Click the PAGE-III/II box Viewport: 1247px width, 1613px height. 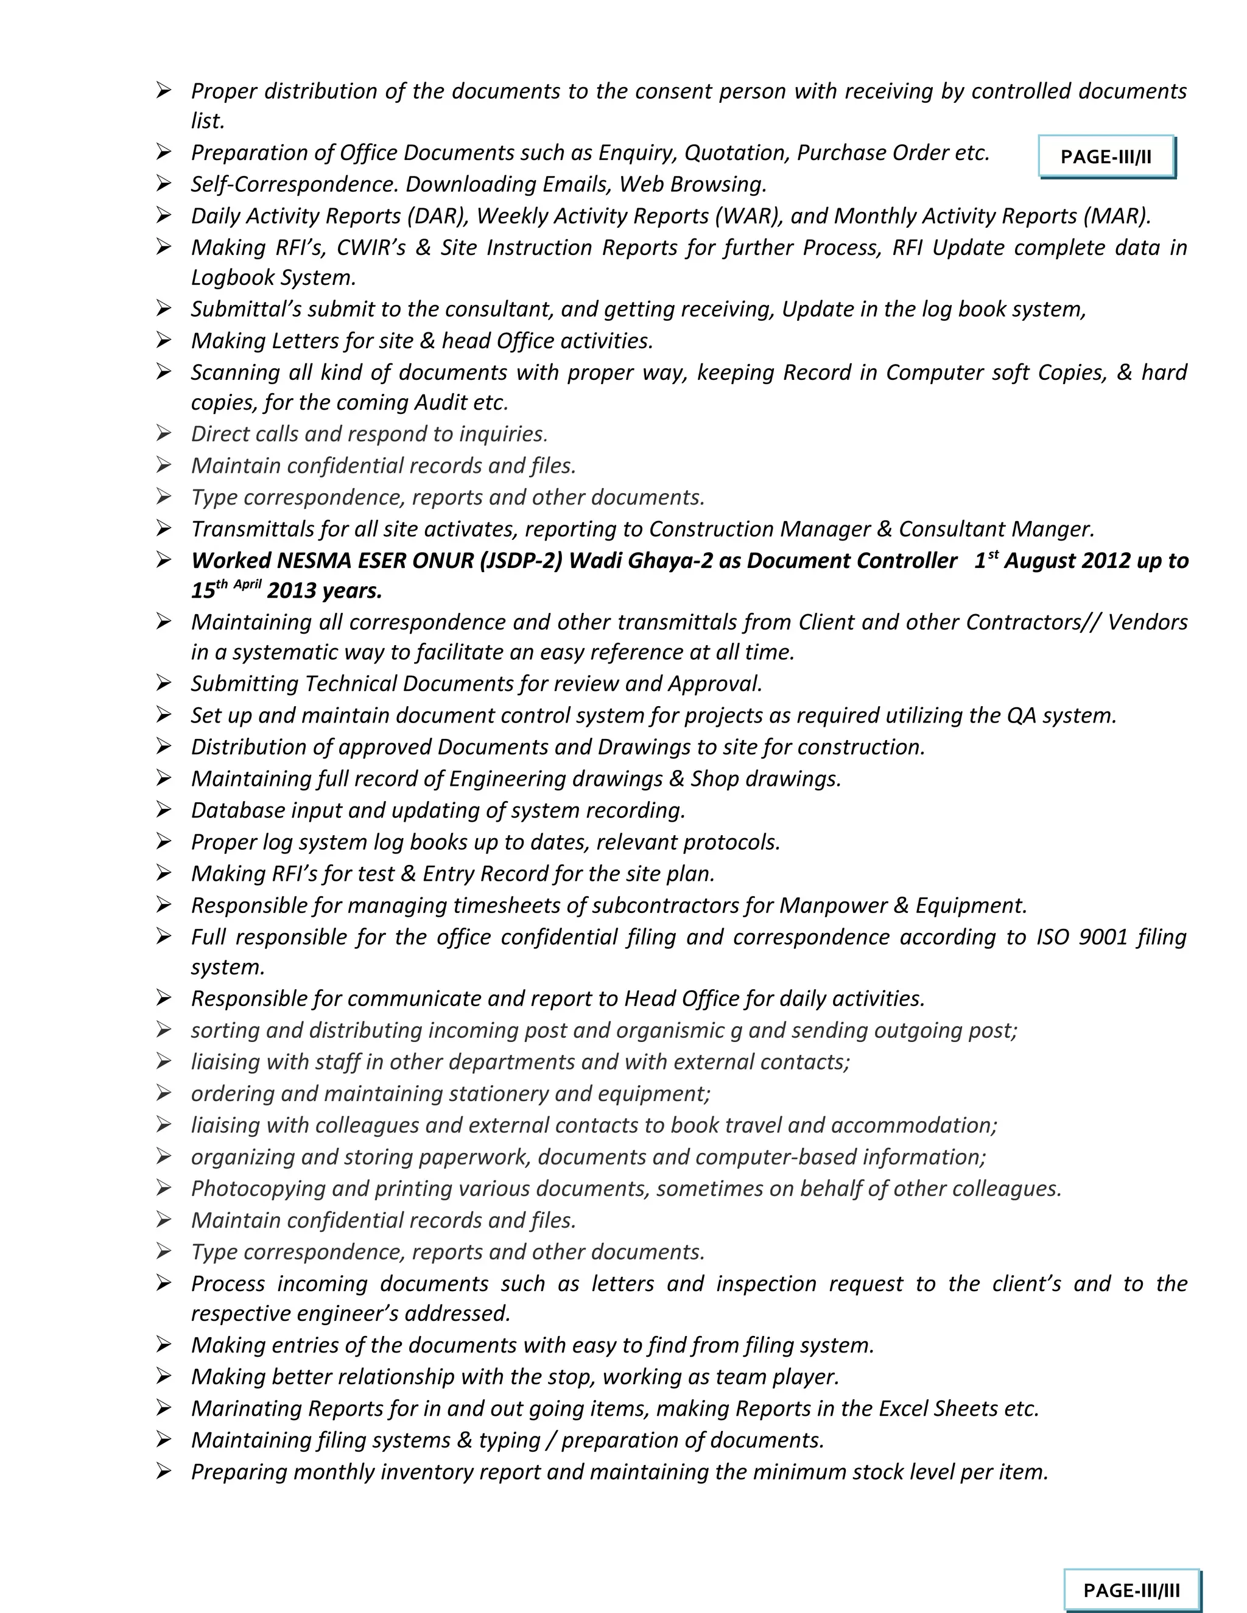coord(1105,156)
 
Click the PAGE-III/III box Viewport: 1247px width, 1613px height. coord(1131,1589)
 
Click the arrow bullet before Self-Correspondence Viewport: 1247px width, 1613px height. coord(163,183)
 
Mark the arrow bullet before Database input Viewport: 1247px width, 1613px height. coord(163,810)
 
